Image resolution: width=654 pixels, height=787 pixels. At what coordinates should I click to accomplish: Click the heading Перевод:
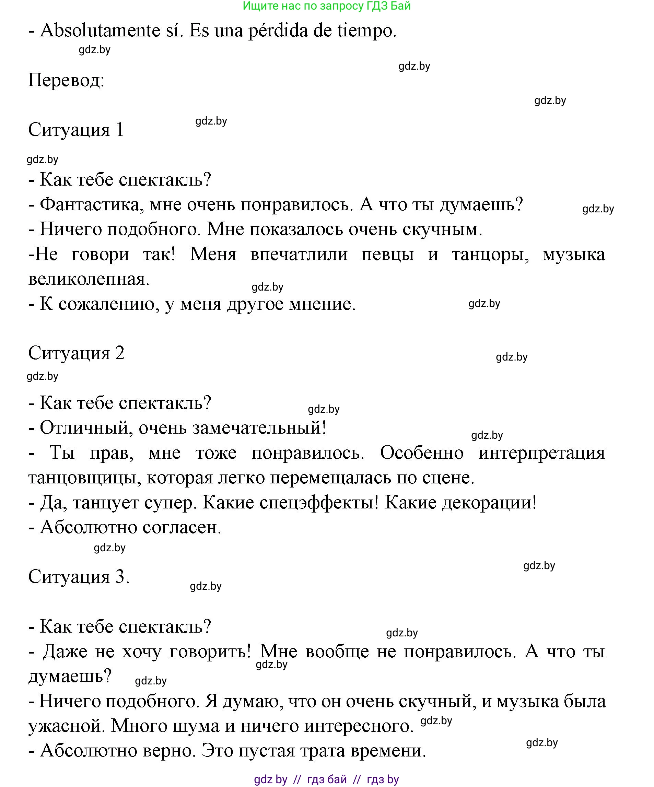(66, 80)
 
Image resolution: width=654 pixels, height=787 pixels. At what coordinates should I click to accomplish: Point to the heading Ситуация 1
(76, 130)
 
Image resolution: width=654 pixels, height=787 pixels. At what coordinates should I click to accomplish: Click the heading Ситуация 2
(76, 353)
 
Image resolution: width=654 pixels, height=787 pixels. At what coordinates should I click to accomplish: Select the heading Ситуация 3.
(79, 576)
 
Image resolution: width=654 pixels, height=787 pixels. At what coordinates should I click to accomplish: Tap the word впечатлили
(299, 255)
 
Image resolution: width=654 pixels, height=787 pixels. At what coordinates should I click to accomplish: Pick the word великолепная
(89, 279)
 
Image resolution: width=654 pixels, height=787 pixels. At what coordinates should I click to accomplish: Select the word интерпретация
(541, 453)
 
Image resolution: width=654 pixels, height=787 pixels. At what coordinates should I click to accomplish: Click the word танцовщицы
(85, 478)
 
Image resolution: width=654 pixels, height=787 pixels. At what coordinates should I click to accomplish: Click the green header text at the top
(326, 5)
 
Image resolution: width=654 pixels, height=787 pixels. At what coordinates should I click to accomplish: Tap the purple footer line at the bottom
(326, 779)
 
